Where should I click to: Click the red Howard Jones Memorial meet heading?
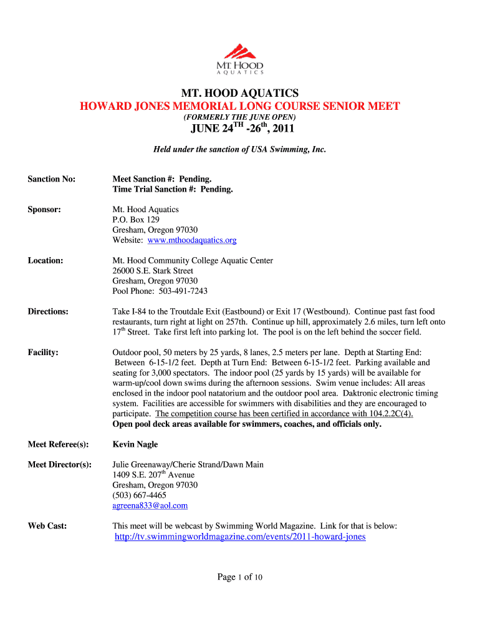tap(239, 106)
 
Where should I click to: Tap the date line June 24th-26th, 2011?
tap(239, 130)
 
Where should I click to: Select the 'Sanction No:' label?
tap(52, 179)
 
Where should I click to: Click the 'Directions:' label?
tap(49, 311)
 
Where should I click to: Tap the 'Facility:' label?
tap(44, 353)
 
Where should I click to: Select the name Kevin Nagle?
tap(135, 444)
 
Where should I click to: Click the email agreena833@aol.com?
tap(150, 505)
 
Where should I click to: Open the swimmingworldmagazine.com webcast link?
tap(240, 537)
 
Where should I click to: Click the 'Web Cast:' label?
tap(47, 526)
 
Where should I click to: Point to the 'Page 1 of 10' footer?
tap(240, 577)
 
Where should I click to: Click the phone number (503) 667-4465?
tap(139, 495)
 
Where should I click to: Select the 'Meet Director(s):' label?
tap(60, 465)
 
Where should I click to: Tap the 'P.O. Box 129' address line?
tap(136, 220)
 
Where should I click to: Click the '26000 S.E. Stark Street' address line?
tap(153, 271)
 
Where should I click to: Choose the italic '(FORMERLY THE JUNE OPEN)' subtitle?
tap(239, 117)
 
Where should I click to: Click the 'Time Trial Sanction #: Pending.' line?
tap(173, 189)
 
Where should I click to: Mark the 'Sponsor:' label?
tap(44, 210)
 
